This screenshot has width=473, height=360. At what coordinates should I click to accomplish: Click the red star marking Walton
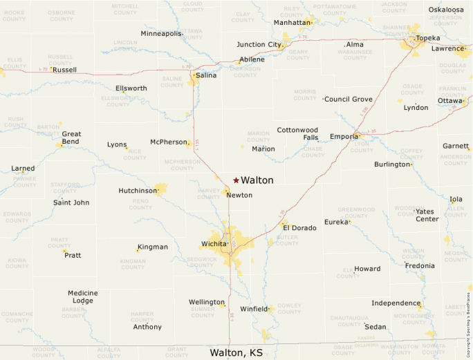[236, 180]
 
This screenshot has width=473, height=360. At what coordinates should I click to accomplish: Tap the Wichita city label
[214, 244]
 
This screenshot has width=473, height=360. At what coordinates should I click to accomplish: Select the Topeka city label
[428, 37]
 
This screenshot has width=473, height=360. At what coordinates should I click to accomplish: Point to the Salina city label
[206, 75]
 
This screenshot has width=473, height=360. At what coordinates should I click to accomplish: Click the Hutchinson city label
[138, 191]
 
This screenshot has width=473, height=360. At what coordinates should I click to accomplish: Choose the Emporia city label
[344, 137]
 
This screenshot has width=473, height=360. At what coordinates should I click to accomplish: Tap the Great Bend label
[71, 138]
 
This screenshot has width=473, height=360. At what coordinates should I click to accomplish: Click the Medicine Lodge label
[82, 297]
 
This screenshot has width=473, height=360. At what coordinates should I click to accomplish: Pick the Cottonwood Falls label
[297, 133]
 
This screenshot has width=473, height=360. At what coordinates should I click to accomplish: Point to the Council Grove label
[349, 100]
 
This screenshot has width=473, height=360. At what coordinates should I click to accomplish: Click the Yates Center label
[427, 215]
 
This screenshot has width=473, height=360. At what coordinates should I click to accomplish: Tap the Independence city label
[396, 303]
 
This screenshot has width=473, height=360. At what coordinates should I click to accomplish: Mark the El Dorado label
[299, 228]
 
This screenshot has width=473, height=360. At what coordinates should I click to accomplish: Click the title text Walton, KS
[236, 352]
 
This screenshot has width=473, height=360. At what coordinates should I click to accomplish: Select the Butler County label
[287, 239]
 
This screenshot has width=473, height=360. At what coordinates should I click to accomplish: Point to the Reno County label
[140, 204]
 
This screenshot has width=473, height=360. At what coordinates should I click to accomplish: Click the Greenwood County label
[356, 212]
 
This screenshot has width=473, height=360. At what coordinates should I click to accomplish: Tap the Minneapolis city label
[161, 34]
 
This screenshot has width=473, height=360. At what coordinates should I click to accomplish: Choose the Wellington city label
[207, 303]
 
